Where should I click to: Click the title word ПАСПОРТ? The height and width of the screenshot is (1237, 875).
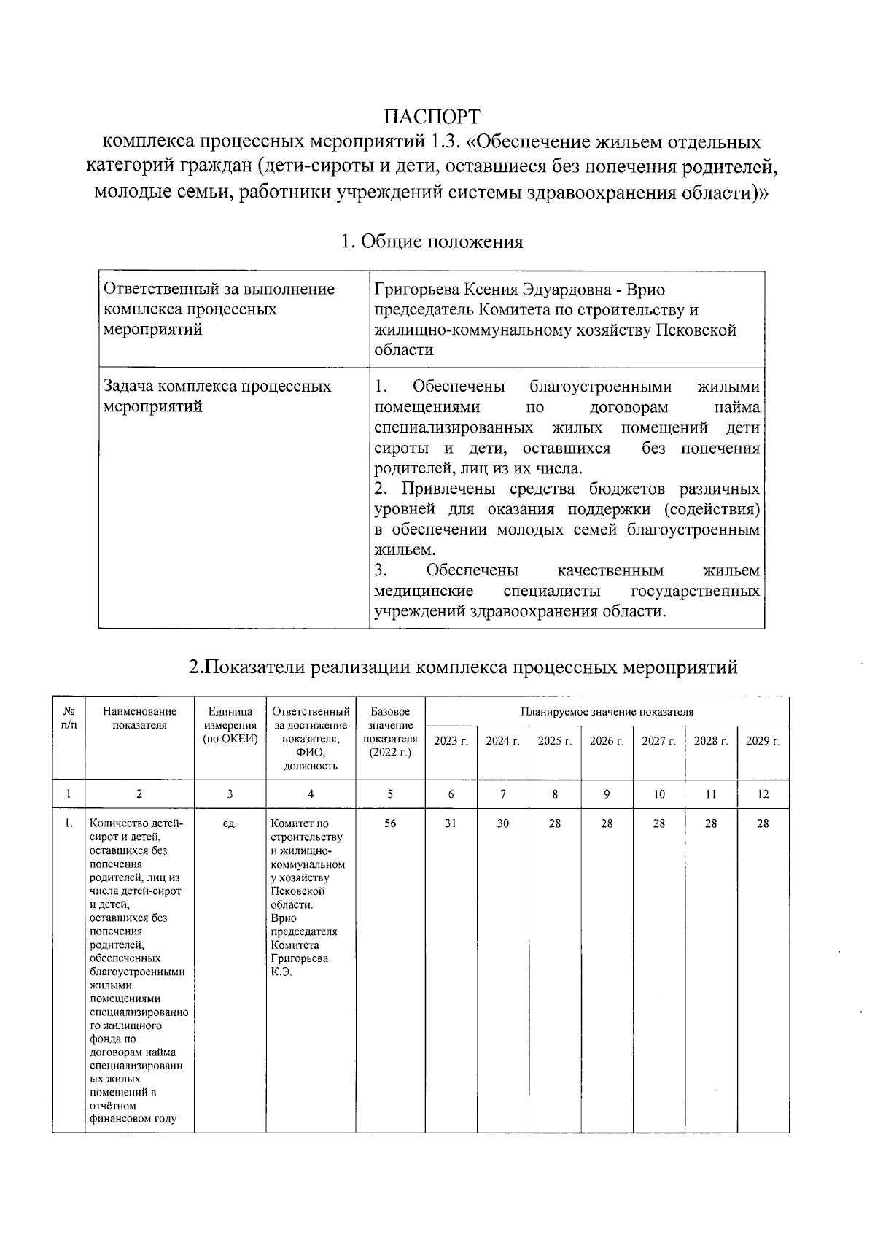(432, 117)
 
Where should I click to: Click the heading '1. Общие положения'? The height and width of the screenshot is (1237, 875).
(432, 241)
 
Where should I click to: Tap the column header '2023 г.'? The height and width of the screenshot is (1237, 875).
(451, 741)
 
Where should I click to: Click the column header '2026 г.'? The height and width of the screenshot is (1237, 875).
(607, 741)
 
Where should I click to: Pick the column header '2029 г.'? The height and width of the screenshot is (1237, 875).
(763, 741)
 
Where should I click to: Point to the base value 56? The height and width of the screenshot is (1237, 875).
(390, 823)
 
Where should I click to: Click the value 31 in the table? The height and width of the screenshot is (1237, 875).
(451, 823)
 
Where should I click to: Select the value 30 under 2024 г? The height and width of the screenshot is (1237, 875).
(503, 823)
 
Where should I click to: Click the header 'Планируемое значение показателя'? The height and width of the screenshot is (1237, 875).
(607, 712)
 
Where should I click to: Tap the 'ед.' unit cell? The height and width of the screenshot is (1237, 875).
(230, 823)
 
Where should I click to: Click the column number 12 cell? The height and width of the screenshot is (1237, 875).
(763, 794)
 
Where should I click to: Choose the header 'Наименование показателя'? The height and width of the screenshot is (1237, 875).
(139, 718)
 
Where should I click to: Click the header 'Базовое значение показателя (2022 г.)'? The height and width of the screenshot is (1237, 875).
(390, 732)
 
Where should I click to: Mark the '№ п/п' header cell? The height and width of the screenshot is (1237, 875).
(69, 718)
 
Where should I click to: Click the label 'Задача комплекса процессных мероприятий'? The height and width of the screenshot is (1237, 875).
(217, 396)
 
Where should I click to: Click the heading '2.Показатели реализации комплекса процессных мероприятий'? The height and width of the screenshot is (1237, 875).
(463, 667)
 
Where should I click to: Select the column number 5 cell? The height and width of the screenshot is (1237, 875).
(390, 794)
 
